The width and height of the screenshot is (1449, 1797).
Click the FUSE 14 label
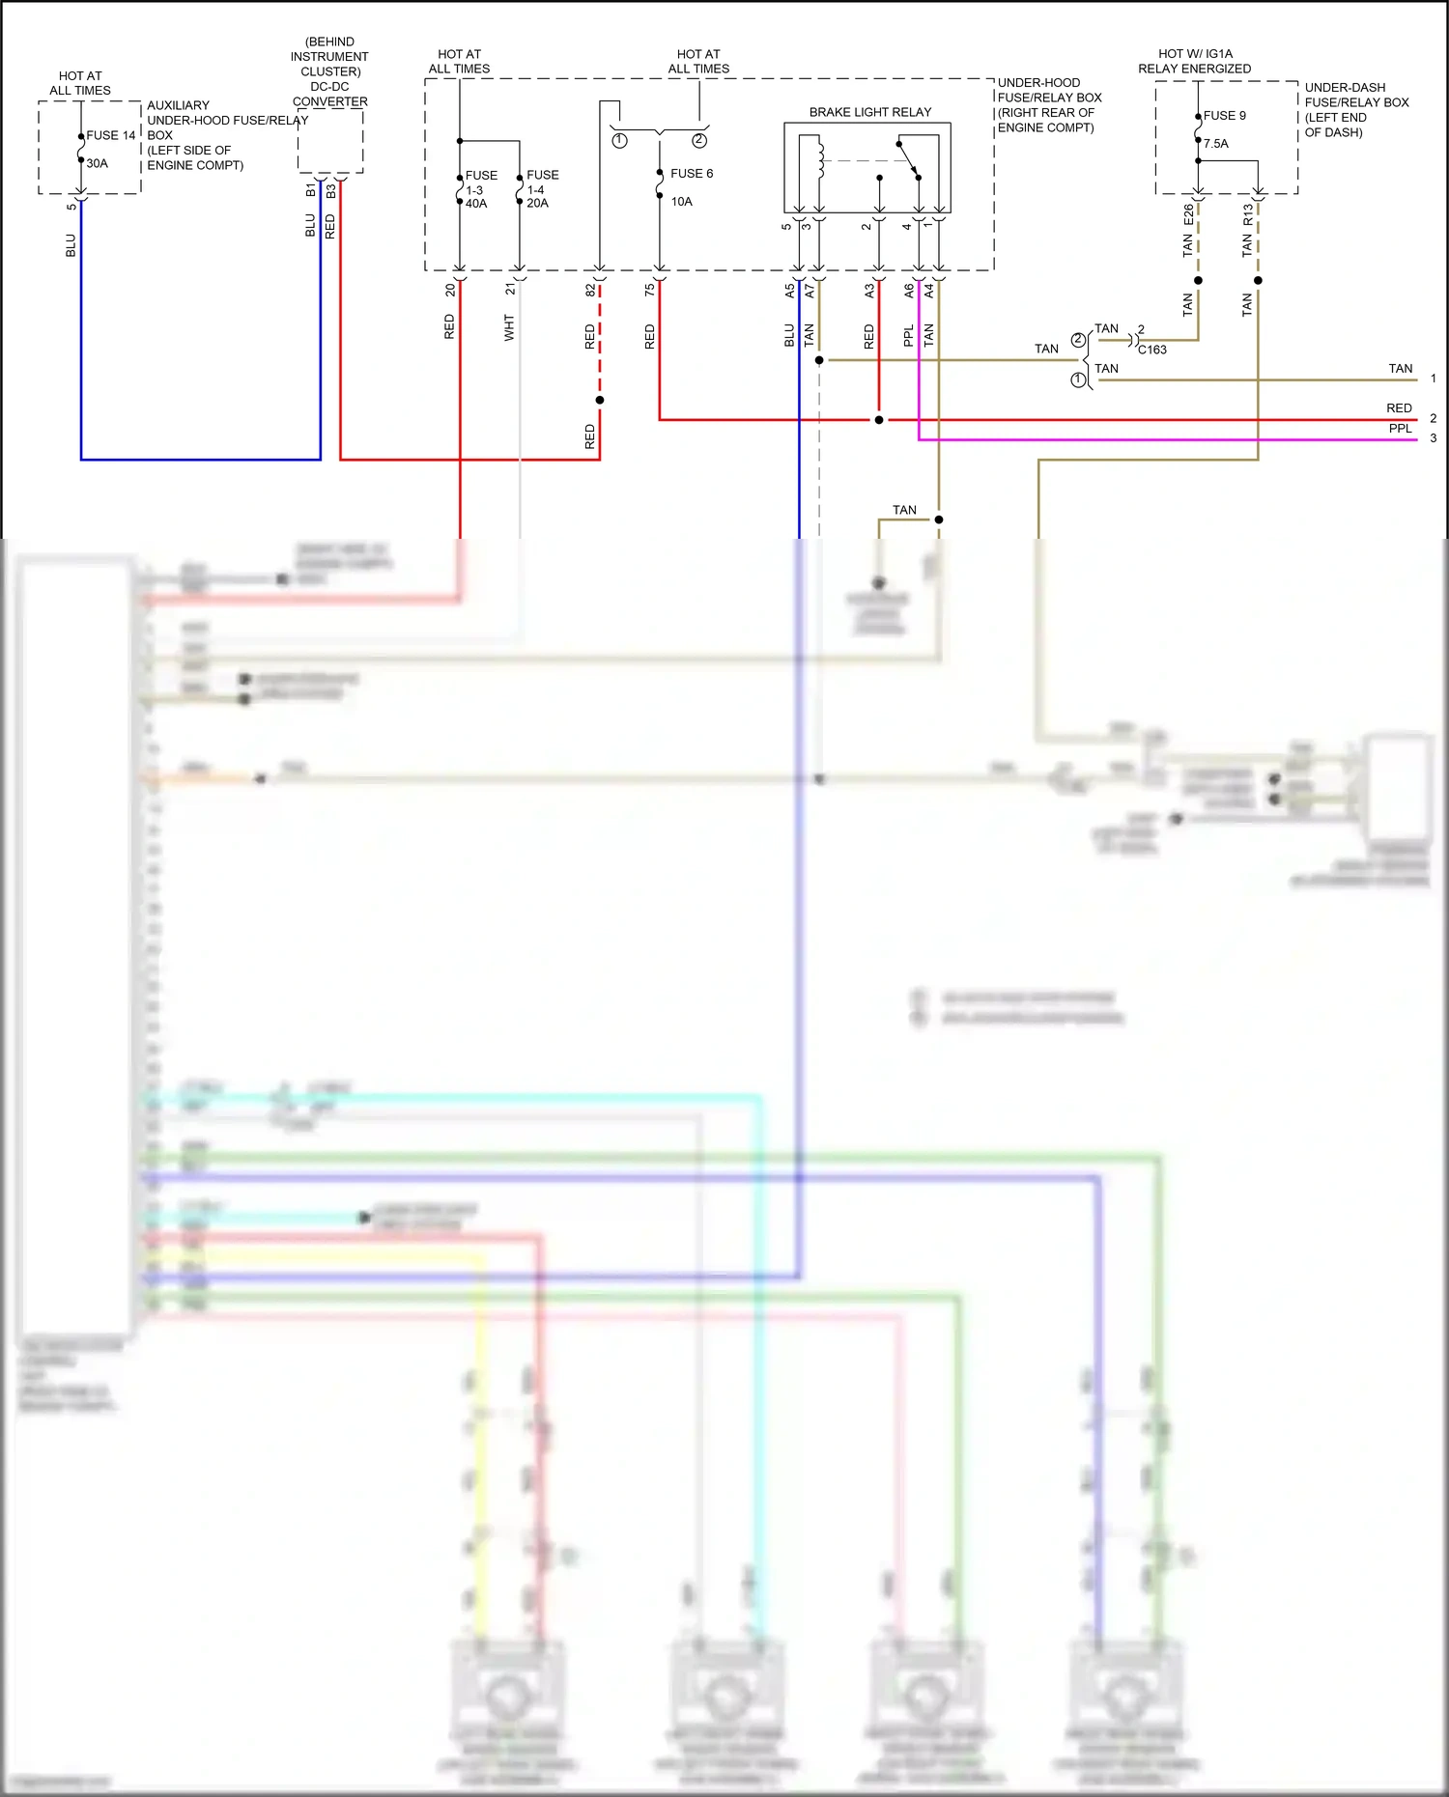click(111, 135)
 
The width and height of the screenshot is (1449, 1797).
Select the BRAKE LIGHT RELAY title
click(869, 112)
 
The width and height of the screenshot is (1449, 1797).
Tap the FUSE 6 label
click(692, 174)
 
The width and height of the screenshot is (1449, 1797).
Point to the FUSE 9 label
click(1224, 116)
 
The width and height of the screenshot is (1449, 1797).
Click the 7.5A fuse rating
click(1215, 144)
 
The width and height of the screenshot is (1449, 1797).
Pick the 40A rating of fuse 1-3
click(476, 204)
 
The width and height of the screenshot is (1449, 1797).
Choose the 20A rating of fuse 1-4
click(537, 204)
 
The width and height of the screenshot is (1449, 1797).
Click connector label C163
click(1151, 350)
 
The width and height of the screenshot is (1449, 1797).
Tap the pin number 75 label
click(650, 288)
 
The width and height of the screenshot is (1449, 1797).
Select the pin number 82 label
click(590, 289)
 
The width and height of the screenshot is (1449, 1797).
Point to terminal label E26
click(1188, 215)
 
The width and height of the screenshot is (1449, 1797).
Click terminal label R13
click(1248, 214)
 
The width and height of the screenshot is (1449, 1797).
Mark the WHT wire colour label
click(509, 327)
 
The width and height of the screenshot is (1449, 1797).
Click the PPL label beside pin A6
click(908, 336)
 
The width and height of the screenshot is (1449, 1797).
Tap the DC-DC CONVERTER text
click(329, 94)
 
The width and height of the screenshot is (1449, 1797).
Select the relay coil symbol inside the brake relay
click(820, 159)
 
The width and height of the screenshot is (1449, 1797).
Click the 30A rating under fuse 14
click(98, 163)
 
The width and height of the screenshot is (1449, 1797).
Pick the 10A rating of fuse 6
click(681, 202)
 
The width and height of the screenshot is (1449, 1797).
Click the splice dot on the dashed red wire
click(600, 400)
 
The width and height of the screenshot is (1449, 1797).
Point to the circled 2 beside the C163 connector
click(1078, 340)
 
